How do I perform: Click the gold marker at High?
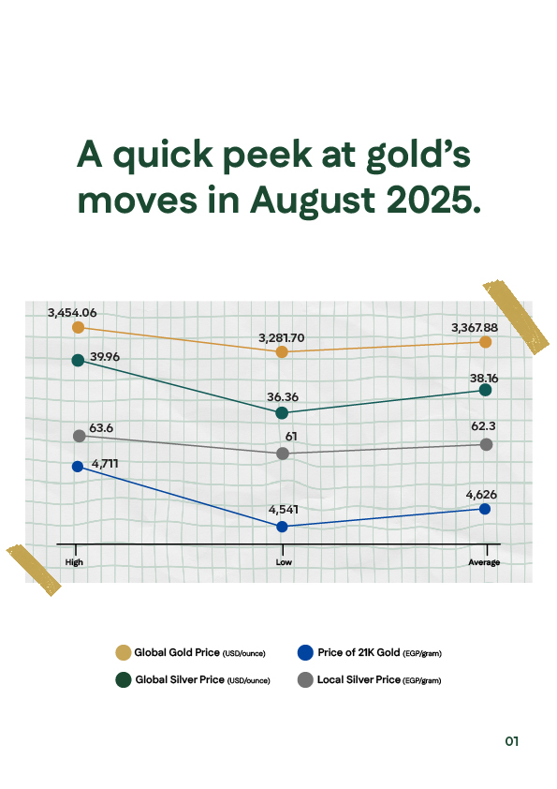(x=79, y=327)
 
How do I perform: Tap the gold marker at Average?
(x=486, y=342)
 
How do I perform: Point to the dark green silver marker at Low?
(x=283, y=412)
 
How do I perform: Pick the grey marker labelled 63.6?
(x=79, y=436)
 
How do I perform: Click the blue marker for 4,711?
(x=79, y=466)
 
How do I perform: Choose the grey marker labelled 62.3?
(x=486, y=444)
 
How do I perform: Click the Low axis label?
(x=283, y=562)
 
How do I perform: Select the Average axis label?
(x=484, y=562)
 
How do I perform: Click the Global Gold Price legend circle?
(x=123, y=652)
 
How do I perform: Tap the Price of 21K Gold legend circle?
(x=303, y=652)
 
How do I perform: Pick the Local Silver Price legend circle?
(x=303, y=679)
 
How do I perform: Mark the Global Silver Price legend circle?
(x=123, y=679)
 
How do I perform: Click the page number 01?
(x=511, y=741)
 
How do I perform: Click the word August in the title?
(x=315, y=200)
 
